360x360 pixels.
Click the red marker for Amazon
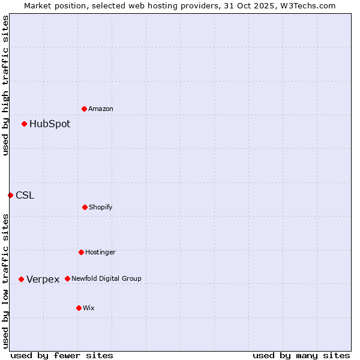pyautogui.click(x=85, y=109)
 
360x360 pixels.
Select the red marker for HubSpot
pyautogui.click(x=25, y=124)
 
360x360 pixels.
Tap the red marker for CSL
pyautogui.click(x=10, y=195)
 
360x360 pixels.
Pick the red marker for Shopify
pyautogui.click(x=85, y=207)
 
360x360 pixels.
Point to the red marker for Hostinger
pyautogui.click(x=81, y=252)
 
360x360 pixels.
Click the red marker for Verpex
pyautogui.click(x=21, y=279)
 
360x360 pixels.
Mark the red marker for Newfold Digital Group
pyautogui.click(x=67, y=278)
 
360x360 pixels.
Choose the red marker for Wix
pyautogui.click(x=79, y=308)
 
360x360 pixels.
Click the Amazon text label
pyautogui.click(x=101, y=109)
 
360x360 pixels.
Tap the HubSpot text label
pyautogui.click(x=50, y=124)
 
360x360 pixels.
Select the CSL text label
pyautogui.click(x=25, y=196)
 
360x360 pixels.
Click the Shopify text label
pyautogui.click(x=101, y=208)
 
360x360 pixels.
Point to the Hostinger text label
pyautogui.click(x=100, y=253)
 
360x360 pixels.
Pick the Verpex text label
pyautogui.click(x=43, y=280)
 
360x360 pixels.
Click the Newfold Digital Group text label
pyautogui.click(x=106, y=279)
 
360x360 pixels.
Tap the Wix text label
pyautogui.click(x=89, y=308)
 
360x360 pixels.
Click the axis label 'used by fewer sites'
pyautogui.click(x=62, y=356)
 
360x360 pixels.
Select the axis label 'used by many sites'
pyautogui.click(x=301, y=356)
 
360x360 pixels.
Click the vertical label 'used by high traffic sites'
pyautogui.click(x=6, y=85)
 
